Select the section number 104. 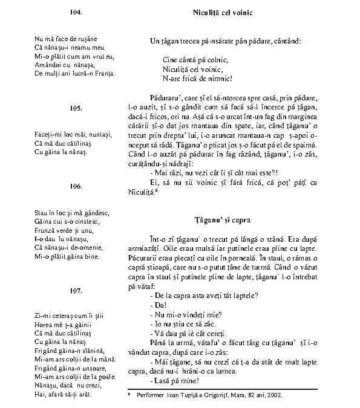[x=76, y=12]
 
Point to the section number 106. [x=76, y=186]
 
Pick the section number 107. [x=76, y=291]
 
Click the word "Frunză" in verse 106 [x=45, y=230]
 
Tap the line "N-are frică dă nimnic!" [x=198, y=79]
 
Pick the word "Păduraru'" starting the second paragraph [x=162, y=97]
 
